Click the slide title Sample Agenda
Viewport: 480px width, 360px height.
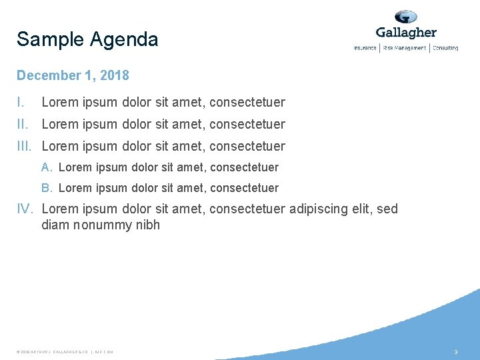[x=87, y=40]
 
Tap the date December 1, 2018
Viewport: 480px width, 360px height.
[x=73, y=75]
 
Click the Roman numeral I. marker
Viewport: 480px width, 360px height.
[x=21, y=102]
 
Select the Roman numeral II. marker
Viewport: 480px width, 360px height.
[x=23, y=124]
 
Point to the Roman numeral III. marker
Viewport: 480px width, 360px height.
[x=26, y=146]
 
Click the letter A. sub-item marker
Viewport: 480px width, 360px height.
[x=47, y=167]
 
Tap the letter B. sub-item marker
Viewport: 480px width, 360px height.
[x=47, y=189]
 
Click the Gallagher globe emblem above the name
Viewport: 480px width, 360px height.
[x=405, y=17]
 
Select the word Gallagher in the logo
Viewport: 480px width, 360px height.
[x=406, y=33]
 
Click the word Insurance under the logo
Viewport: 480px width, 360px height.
[x=365, y=48]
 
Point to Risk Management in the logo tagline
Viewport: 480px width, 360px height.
[x=404, y=48]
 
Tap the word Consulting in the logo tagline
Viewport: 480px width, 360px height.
[x=445, y=48]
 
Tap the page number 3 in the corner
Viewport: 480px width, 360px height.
[x=456, y=351]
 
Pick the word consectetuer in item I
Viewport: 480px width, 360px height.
[x=247, y=102]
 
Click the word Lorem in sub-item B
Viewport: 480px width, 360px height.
[x=75, y=189]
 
